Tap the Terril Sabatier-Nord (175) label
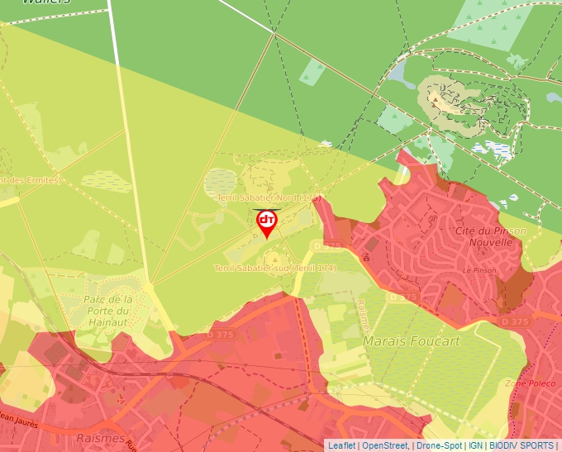click(269, 198)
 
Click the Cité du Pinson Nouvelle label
click(490, 236)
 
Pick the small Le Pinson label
click(479, 270)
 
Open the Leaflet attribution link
click(341, 445)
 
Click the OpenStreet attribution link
click(385, 445)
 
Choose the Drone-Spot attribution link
click(438, 445)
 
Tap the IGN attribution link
click(475, 445)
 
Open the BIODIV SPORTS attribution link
click(521, 445)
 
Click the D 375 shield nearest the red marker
click(329, 245)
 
